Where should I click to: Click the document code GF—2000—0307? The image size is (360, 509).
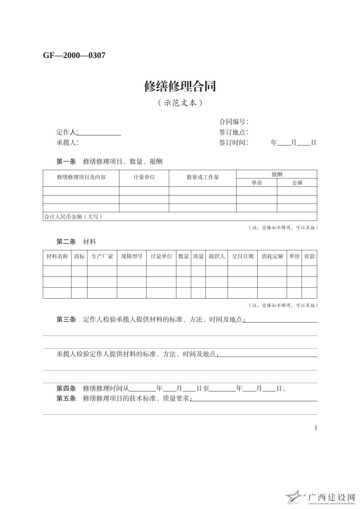click(74, 56)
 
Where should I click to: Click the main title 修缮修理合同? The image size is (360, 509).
click(180, 86)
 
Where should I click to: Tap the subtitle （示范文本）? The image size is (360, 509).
click(180, 103)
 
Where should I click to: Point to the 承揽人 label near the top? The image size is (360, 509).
click(67, 143)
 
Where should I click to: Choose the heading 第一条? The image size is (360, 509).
click(66, 161)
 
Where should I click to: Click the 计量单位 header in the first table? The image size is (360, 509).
click(144, 177)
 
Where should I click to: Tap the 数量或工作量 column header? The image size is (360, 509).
click(202, 177)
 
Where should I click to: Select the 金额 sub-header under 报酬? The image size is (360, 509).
click(297, 183)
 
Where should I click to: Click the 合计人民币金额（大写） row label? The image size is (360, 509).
click(73, 217)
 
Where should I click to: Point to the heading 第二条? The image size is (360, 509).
click(66, 242)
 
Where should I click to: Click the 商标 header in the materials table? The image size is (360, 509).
click(79, 256)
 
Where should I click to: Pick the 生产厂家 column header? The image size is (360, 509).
click(102, 256)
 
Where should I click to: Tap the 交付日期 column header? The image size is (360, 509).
click(242, 256)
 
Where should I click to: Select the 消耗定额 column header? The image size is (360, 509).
click(272, 256)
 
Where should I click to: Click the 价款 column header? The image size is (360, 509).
click(309, 256)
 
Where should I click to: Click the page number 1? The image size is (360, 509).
click(315, 428)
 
